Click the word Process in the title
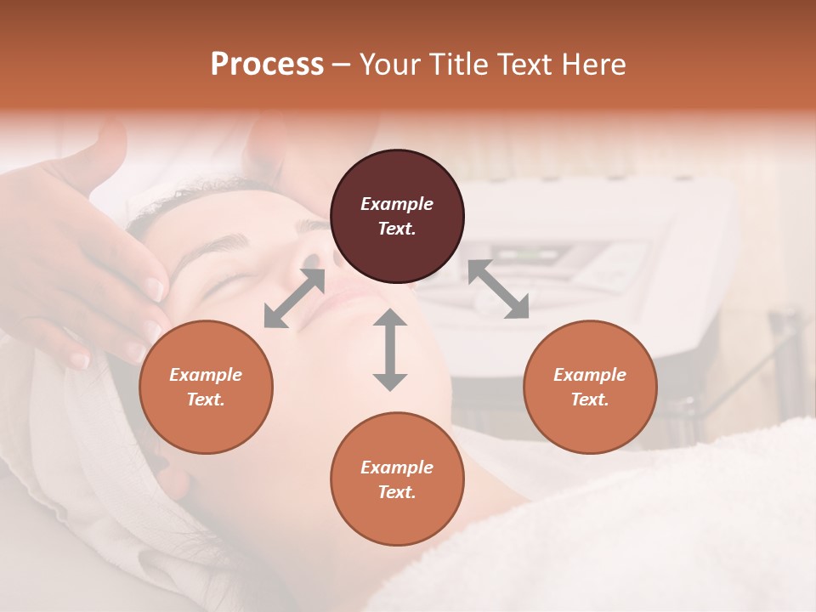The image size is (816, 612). click(x=267, y=65)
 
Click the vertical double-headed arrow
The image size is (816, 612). click(x=390, y=349)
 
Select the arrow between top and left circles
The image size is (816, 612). click(x=294, y=297)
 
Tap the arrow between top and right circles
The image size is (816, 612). click(x=498, y=290)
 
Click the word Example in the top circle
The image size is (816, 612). click(x=397, y=204)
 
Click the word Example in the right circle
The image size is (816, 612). click(x=590, y=375)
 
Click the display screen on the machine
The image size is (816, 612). click(x=527, y=254)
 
